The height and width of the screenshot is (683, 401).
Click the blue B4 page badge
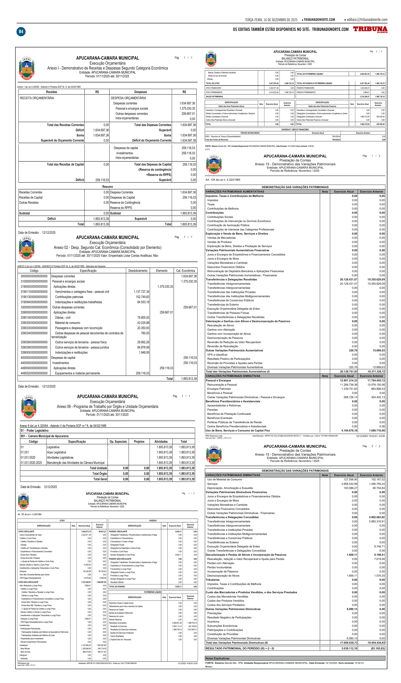[x=21, y=32]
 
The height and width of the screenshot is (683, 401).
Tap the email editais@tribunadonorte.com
[x=367, y=20]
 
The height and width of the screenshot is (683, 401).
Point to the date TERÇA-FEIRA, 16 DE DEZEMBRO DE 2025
[x=271, y=20]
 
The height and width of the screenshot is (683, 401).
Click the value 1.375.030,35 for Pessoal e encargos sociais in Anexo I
[x=187, y=108]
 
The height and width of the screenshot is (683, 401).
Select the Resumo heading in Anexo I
[x=108, y=187]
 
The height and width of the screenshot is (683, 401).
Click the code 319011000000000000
[x=34, y=292]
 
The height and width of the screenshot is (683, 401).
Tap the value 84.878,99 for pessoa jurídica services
[x=143, y=347]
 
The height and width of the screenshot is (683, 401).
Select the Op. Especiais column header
[x=118, y=442]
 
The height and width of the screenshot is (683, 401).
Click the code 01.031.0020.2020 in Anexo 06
[x=31, y=463]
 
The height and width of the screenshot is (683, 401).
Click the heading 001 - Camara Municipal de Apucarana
[x=45, y=436]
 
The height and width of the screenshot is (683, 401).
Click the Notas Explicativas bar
[x=295, y=658]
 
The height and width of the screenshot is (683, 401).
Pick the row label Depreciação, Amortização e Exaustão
[x=230, y=488]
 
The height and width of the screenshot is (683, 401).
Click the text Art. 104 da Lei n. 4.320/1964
[x=223, y=180]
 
